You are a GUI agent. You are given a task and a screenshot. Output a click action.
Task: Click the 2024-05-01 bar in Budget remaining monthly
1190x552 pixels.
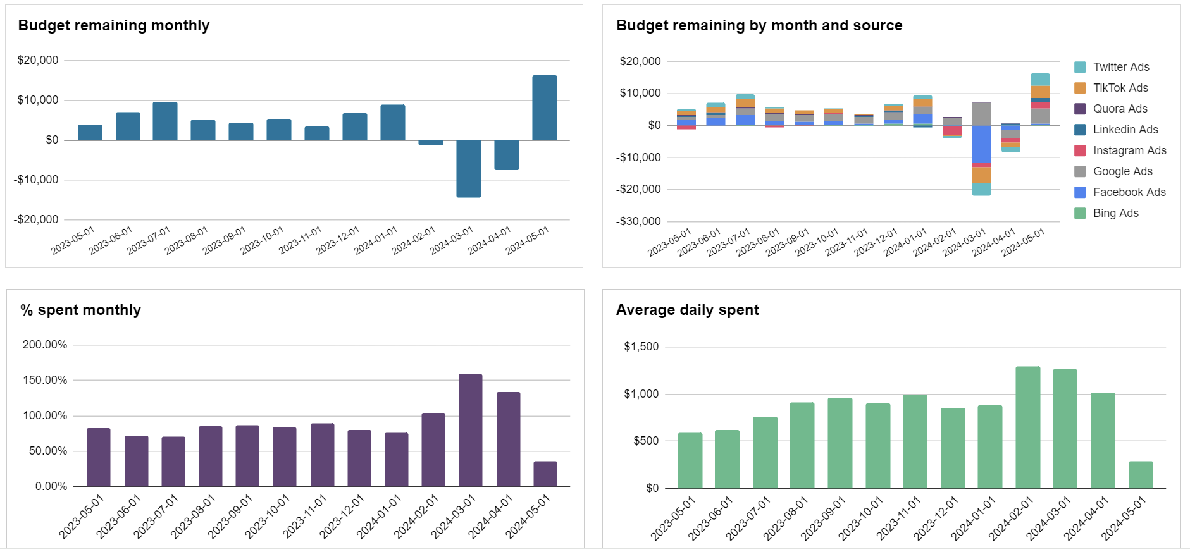(544, 107)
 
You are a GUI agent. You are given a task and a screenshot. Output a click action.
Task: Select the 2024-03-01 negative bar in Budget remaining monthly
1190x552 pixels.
(468, 168)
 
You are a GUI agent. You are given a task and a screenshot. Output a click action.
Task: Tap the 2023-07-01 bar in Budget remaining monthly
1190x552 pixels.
(165, 121)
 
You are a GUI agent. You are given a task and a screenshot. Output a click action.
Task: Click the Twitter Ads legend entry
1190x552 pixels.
(1120, 67)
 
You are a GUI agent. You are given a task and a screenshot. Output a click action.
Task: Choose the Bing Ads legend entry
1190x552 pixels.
(1115, 213)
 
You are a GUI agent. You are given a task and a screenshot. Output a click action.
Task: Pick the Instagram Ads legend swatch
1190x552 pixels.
(1080, 150)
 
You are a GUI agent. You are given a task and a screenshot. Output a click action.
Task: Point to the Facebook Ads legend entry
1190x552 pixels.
(1129, 192)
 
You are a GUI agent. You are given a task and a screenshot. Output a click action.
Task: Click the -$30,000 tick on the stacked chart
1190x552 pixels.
(640, 221)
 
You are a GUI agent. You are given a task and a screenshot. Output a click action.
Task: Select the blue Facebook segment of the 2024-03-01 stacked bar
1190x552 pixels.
(981, 144)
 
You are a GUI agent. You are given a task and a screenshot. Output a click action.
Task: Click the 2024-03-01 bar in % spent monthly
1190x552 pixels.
(470, 430)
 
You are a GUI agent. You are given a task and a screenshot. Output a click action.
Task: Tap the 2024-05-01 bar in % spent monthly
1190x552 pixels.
(545, 474)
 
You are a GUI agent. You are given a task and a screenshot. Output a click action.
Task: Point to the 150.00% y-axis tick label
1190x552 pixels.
(45, 380)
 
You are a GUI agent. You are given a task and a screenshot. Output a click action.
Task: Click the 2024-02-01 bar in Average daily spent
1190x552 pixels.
(1027, 427)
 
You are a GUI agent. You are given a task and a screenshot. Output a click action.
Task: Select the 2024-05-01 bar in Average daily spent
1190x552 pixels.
(1140, 475)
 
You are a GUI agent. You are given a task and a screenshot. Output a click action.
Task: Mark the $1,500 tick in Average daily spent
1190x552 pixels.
(641, 347)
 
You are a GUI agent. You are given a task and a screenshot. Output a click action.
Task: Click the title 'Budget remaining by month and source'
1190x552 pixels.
(759, 25)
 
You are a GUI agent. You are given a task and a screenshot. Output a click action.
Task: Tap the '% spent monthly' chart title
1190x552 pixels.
(80, 310)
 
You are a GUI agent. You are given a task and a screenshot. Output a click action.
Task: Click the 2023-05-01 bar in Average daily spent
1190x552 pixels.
(690, 460)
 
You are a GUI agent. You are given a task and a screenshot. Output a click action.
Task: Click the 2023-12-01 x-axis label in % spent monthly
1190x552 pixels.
(341, 518)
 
